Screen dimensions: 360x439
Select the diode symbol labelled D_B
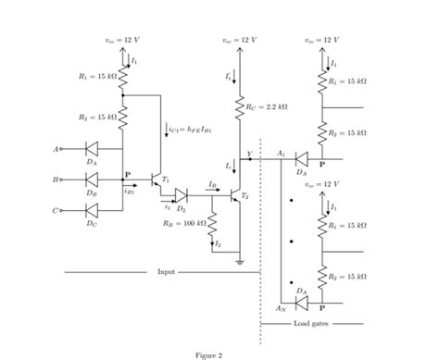(x=91, y=180)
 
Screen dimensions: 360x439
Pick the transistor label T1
(x=165, y=178)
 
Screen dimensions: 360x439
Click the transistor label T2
(x=245, y=197)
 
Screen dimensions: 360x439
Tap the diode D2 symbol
(x=181, y=195)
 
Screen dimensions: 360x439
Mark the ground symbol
(x=240, y=263)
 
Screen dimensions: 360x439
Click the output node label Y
(x=247, y=154)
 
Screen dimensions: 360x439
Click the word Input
(x=166, y=272)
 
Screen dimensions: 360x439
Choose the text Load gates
(x=310, y=323)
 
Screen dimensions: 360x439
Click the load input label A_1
(x=281, y=153)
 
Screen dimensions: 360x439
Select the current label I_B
(x=214, y=184)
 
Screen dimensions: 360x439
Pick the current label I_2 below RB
(x=218, y=242)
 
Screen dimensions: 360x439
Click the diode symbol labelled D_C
(x=91, y=211)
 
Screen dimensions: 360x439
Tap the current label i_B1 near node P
(x=129, y=192)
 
